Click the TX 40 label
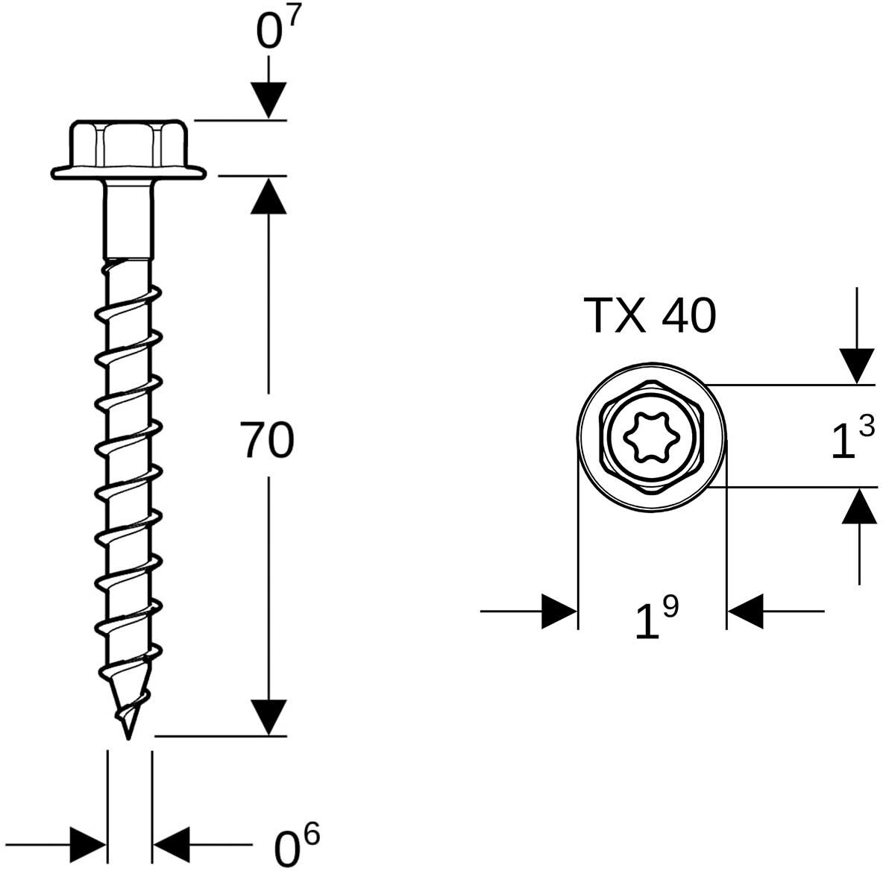click(x=650, y=316)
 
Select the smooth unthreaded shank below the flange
click(x=128, y=219)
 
